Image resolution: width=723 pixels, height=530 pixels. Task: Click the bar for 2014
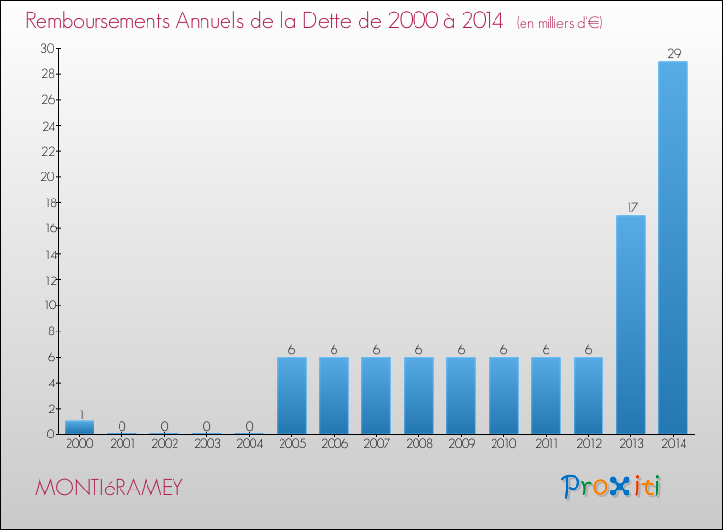(x=673, y=247)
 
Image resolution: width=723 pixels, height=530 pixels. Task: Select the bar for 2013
(x=630, y=324)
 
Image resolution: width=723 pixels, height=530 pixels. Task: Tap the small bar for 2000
(x=79, y=427)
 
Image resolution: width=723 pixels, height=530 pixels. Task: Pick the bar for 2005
(x=291, y=395)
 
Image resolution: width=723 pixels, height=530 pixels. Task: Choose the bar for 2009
(x=461, y=395)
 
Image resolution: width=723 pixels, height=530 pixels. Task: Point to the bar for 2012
(x=588, y=395)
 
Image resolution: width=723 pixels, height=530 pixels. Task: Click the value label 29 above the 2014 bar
(x=673, y=54)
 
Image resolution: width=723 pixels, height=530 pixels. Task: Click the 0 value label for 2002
(x=164, y=426)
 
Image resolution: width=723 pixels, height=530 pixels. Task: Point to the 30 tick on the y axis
(x=47, y=48)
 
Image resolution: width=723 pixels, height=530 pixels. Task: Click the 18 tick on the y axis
(x=47, y=202)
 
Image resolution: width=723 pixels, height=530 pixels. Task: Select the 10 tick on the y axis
(x=47, y=305)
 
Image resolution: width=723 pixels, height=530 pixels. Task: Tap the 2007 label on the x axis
(x=376, y=444)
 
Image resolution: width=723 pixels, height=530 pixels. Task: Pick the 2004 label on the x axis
(x=249, y=444)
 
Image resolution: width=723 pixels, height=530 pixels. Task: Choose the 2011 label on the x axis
(x=546, y=444)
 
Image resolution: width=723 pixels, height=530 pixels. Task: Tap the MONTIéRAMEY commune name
(x=109, y=488)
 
